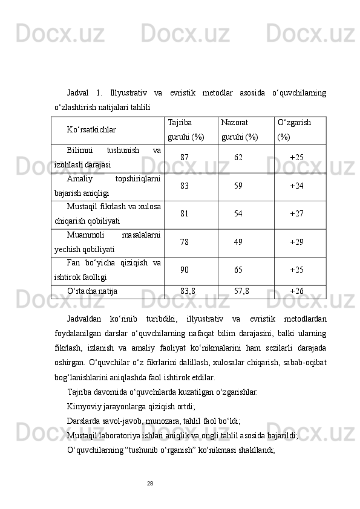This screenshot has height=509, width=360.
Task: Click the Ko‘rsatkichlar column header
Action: click(92, 129)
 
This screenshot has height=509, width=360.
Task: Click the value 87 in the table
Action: click(185, 157)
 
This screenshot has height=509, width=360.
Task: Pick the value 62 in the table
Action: click(238, 157)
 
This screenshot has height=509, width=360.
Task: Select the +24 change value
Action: click(296, 186)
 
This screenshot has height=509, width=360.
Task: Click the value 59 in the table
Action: click(238, 186)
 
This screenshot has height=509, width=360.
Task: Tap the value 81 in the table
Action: click(185, 213)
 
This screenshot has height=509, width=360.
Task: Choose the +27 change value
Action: click(296, 213)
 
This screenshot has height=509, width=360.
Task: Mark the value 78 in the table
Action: click(185, 242)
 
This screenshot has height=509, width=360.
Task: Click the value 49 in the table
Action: click(238, 242)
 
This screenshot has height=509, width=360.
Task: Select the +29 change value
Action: click(296, 242)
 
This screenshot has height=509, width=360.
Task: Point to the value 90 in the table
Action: click(185, 270)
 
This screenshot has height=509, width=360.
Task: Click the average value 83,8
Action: click(188, 291)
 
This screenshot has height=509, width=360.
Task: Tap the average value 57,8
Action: click(241, 291)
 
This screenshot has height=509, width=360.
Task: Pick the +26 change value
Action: click(296, 291)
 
